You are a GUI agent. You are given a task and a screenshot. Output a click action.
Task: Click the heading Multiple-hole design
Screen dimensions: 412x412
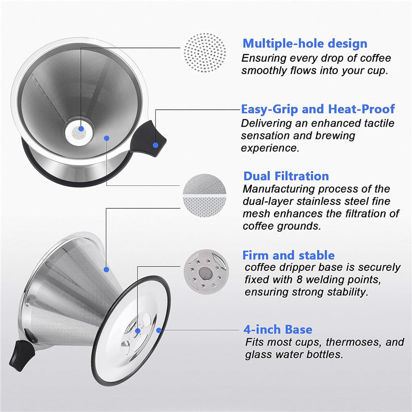click(x=305, y=44)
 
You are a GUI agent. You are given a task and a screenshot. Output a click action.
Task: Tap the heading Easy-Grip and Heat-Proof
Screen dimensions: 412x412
click(x=318, y=109)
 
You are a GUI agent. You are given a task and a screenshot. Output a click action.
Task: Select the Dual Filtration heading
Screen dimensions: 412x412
click(x=286, y=176)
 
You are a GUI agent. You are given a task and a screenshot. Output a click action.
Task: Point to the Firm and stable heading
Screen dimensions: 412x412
click(x=288, y=255)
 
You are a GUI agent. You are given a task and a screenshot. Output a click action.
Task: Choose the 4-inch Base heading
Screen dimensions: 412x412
click(x=278, y=330)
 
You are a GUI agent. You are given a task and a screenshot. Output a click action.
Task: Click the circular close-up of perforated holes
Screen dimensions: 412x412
click(x=204, y=53)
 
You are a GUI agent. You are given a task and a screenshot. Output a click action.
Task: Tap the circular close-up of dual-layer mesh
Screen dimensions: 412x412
click(x=204, y=196)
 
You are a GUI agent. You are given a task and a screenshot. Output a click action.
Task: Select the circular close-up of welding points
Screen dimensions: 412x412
click(x=206, y=270)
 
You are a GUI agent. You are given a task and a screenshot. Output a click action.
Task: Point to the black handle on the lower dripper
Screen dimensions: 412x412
click(x=22, y=355)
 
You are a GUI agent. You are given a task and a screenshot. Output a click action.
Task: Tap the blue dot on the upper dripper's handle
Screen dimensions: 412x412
click(x=156, y=145)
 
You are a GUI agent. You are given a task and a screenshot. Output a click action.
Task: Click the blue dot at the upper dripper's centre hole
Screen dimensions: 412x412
click(x=81, y=128)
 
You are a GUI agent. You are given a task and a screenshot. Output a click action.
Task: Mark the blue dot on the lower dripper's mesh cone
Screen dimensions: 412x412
click(x=106, y=269)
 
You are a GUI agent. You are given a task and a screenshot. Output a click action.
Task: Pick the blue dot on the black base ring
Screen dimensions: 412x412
click(x=159, y=330)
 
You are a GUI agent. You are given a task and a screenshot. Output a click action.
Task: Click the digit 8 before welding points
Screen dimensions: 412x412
click(x=300, y=280)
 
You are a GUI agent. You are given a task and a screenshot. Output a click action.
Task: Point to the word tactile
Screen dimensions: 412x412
click(x=379, y=123)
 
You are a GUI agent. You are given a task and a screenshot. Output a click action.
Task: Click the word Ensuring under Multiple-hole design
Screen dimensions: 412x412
click(x=264, y=59)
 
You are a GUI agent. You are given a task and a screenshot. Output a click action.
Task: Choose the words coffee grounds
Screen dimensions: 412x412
click(x=282, y=226)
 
